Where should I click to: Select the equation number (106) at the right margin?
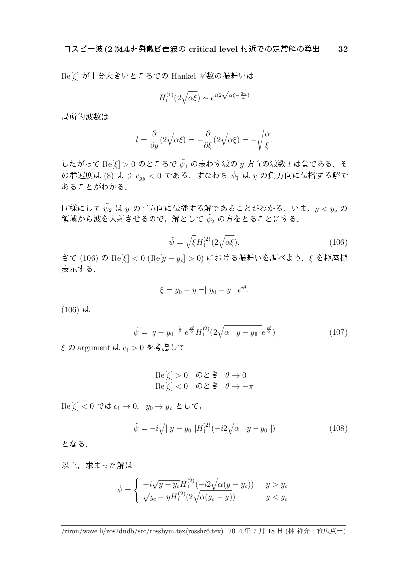coord(338,242)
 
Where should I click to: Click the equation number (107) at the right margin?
coord(338,332)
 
